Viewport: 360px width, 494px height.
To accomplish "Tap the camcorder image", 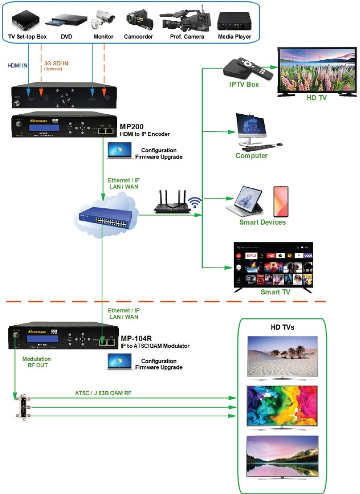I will click(138, 20).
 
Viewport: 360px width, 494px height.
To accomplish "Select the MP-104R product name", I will click(136, 338).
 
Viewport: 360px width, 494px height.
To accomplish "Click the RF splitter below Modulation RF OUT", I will click(21, 404).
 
